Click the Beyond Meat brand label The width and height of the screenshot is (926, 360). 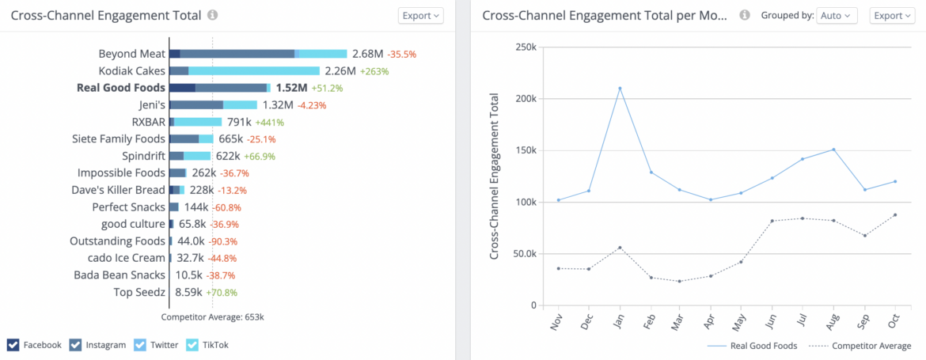[x=131, y=54]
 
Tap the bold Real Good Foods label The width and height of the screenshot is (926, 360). [x=121, y=88]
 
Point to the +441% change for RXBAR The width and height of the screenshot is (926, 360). [x=269, y=123]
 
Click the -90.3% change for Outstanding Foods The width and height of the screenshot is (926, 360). [x=222, y=241]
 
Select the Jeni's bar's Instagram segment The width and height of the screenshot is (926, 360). [x=196, y=104]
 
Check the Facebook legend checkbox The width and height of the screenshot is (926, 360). [x=13, y=344]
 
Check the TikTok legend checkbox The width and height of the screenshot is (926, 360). [x=192, y=344]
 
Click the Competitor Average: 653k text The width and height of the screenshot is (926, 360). [x=212, y=316]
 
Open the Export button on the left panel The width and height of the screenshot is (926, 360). [x=420, y=15]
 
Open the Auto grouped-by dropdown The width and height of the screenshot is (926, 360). [x=837, y=15]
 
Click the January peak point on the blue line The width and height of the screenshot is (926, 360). [x=620, y=88]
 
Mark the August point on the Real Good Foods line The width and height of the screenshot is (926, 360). [x=833, y=149]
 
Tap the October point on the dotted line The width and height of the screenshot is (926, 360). [x=894, y=214]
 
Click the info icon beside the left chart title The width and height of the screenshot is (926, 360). [x=212, y=15]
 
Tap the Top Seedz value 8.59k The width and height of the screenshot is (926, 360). [x=188, y=292]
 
